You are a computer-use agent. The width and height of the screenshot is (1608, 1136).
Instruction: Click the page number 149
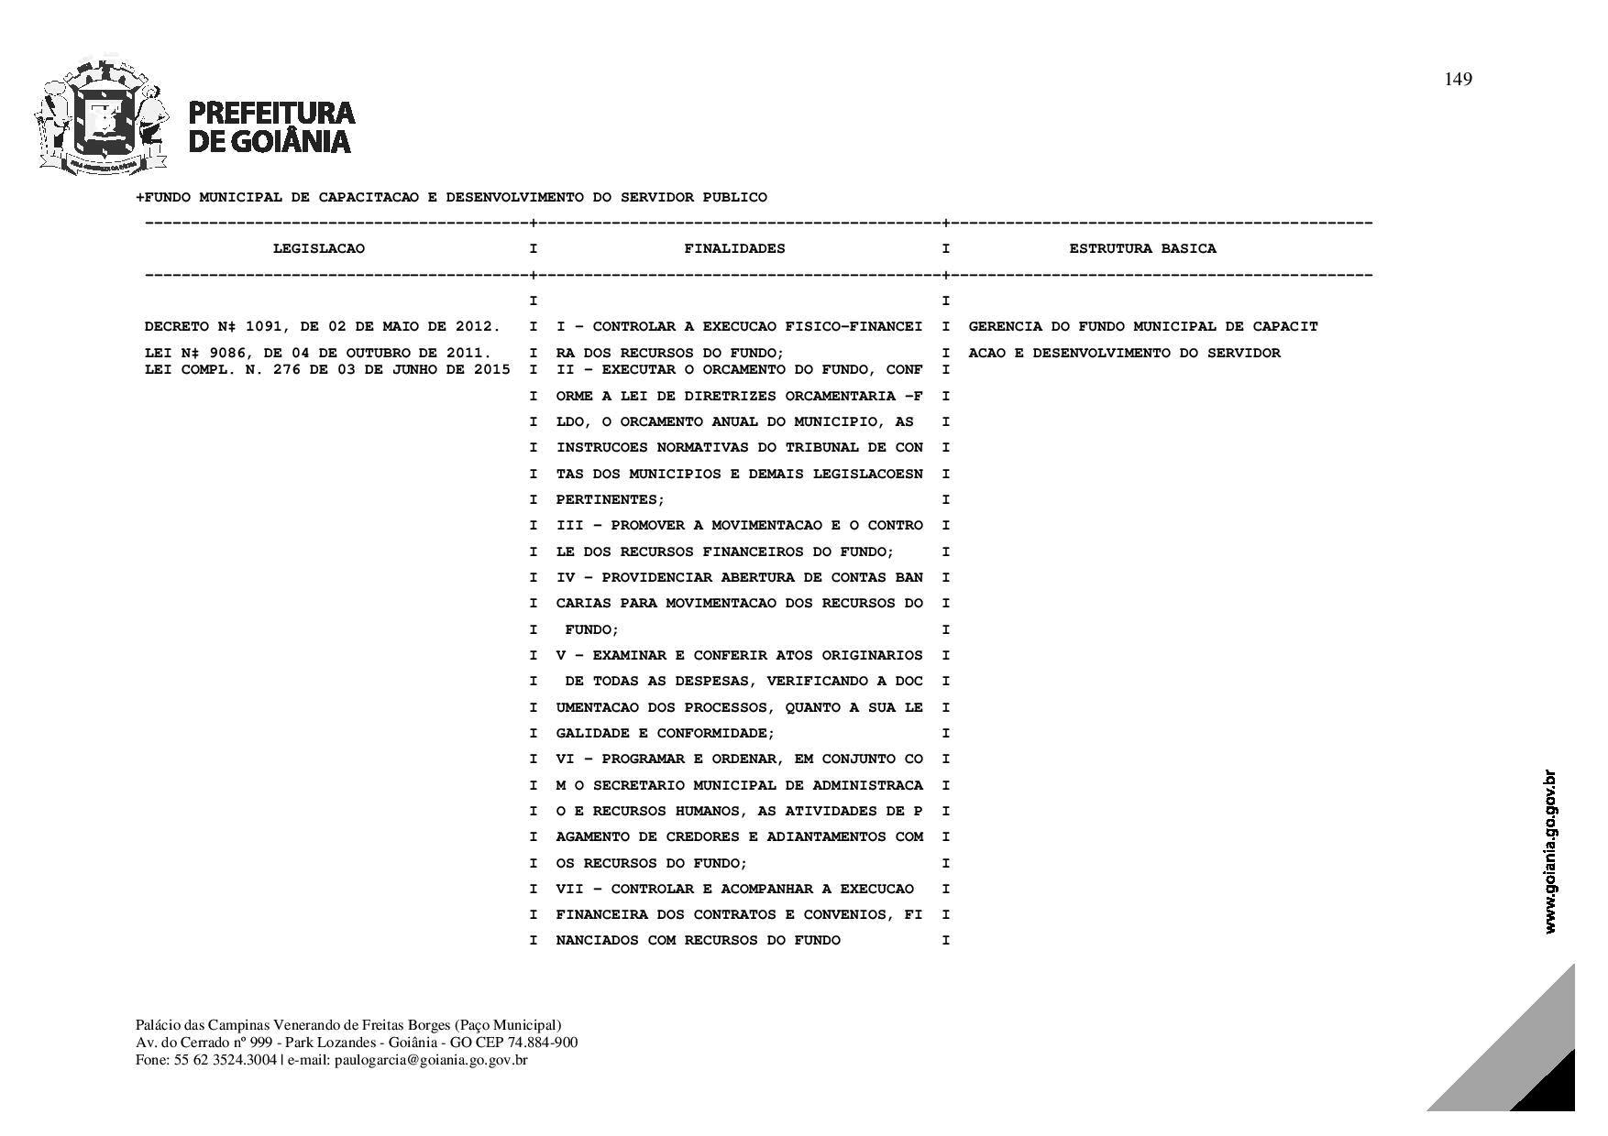[x=1458, y=80]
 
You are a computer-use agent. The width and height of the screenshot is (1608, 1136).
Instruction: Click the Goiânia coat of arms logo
[x=102, y=116]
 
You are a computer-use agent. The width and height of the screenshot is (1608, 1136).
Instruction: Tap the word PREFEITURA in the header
[x=271, y=113]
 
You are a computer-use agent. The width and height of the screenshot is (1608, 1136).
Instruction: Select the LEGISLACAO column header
[x=318, y=249]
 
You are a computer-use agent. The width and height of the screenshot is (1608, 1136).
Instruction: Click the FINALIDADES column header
[x=734, y=249]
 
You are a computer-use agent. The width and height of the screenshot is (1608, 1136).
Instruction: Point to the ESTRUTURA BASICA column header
[x=1142, y=249]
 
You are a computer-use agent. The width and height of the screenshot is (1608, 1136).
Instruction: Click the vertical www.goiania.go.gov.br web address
[x=1550, y=852]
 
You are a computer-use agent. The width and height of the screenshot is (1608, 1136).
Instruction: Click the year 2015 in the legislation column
[x=492, y=370]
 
